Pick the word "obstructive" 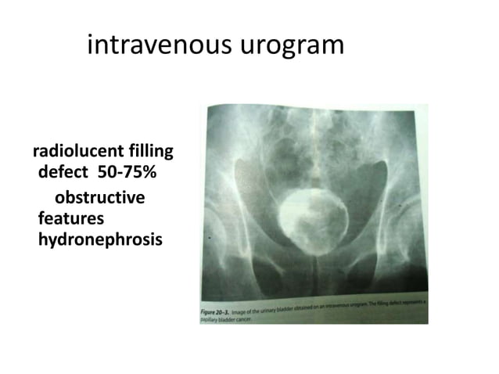[99, 198]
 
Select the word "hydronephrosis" [100, 239]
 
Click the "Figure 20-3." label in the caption [217, 311]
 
